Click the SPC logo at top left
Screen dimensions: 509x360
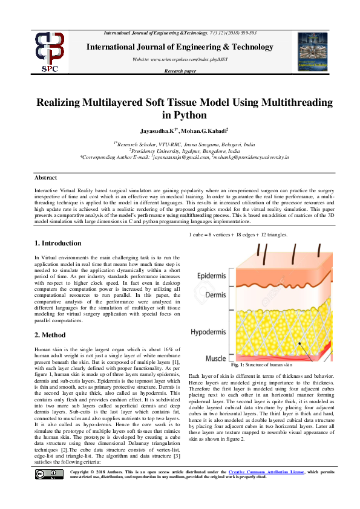click(x=50, y=53)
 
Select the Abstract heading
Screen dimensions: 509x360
click(x=45, y=178)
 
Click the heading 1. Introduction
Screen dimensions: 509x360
click(x=57, y=243)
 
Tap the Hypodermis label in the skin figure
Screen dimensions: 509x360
click(x=213, y=332)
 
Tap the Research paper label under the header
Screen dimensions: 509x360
click(x=180, y=71)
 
